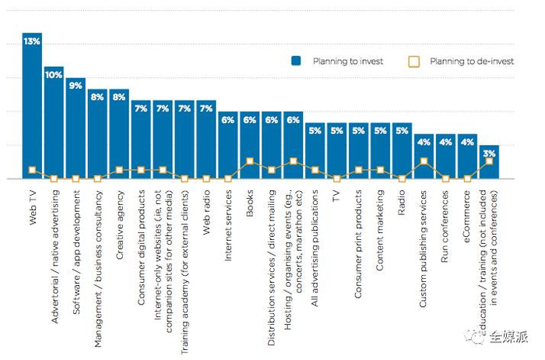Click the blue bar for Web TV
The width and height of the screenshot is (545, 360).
click(32, 109)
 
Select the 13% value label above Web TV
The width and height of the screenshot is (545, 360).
click(32, 39)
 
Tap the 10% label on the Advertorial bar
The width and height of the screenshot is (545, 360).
click(54, 75)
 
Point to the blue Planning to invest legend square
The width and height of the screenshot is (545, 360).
click(297, 61)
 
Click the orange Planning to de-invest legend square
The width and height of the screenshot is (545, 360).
click(414, 61)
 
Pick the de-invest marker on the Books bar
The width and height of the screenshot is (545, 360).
click(250, 161)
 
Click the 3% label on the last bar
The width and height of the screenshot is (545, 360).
click(489, 154)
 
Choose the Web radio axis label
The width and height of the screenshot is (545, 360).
click(206, 210)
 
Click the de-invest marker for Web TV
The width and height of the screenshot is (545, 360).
click(32, 170)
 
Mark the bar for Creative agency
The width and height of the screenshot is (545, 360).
click(119, 136)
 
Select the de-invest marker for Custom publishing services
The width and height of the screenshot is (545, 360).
click(424, 161)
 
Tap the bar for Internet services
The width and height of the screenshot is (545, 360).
click(228, 148)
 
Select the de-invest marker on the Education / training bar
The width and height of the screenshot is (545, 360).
click(489, 161)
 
